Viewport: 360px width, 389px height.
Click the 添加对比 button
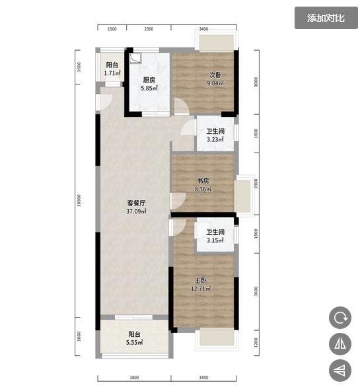coord(326,18)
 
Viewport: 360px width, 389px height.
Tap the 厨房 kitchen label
coord(149,80)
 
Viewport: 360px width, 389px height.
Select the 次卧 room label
coord(215,75)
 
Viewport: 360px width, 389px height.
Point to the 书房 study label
coord(203,180)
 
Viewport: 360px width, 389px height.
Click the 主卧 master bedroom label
coord(200,280)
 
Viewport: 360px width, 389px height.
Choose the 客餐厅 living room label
coord(136,203)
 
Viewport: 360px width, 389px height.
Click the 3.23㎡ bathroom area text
coord(215,139)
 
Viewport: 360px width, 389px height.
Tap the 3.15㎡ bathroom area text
coord(215,240)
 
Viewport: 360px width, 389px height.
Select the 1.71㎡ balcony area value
coord(112,73)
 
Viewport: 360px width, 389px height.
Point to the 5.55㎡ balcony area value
coord(134,343)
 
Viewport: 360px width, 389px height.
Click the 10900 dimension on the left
coord(79,200)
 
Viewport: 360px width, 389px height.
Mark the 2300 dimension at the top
coord(149,29)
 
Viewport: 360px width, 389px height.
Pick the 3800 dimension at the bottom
coord(134,378)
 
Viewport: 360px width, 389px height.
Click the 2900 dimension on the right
coord(256,184)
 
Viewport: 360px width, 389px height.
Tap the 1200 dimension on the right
coord(256,342)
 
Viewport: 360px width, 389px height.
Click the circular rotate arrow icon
coord(340,318)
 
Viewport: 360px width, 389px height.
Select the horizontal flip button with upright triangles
coord(340,344)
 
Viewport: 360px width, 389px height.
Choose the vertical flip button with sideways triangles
coord(340,371)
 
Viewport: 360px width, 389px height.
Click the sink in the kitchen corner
coord(135,58)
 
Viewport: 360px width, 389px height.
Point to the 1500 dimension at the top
coord(112,29)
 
